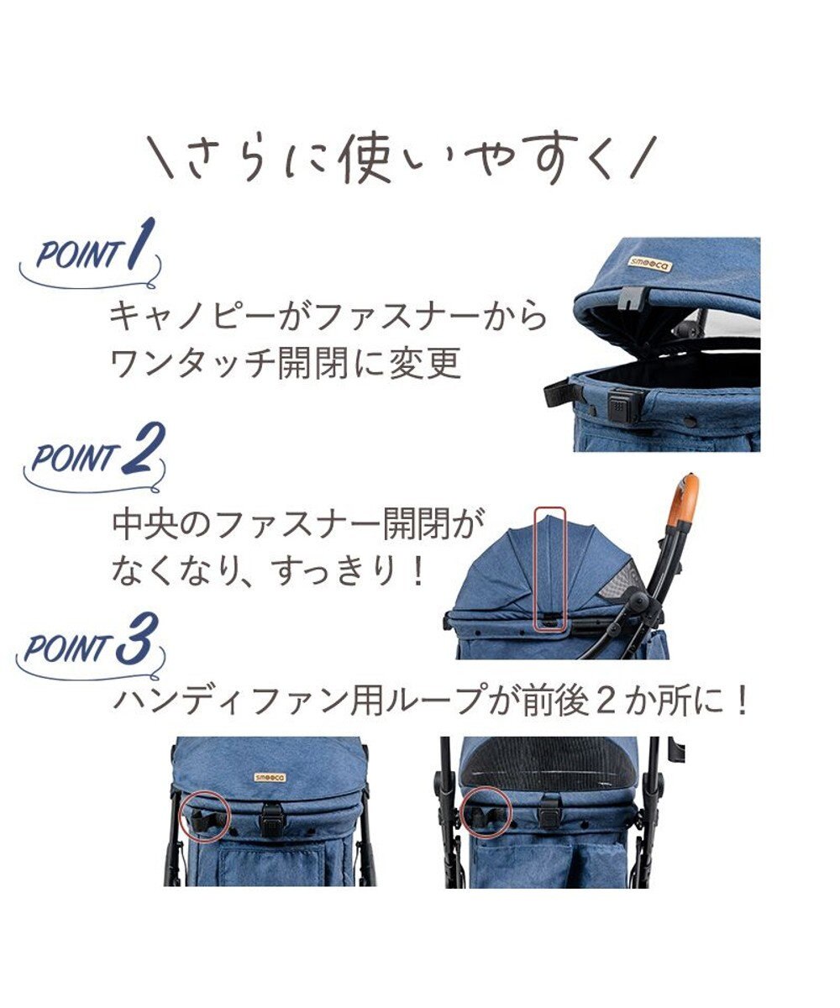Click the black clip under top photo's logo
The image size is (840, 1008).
(x=633, y=296)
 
